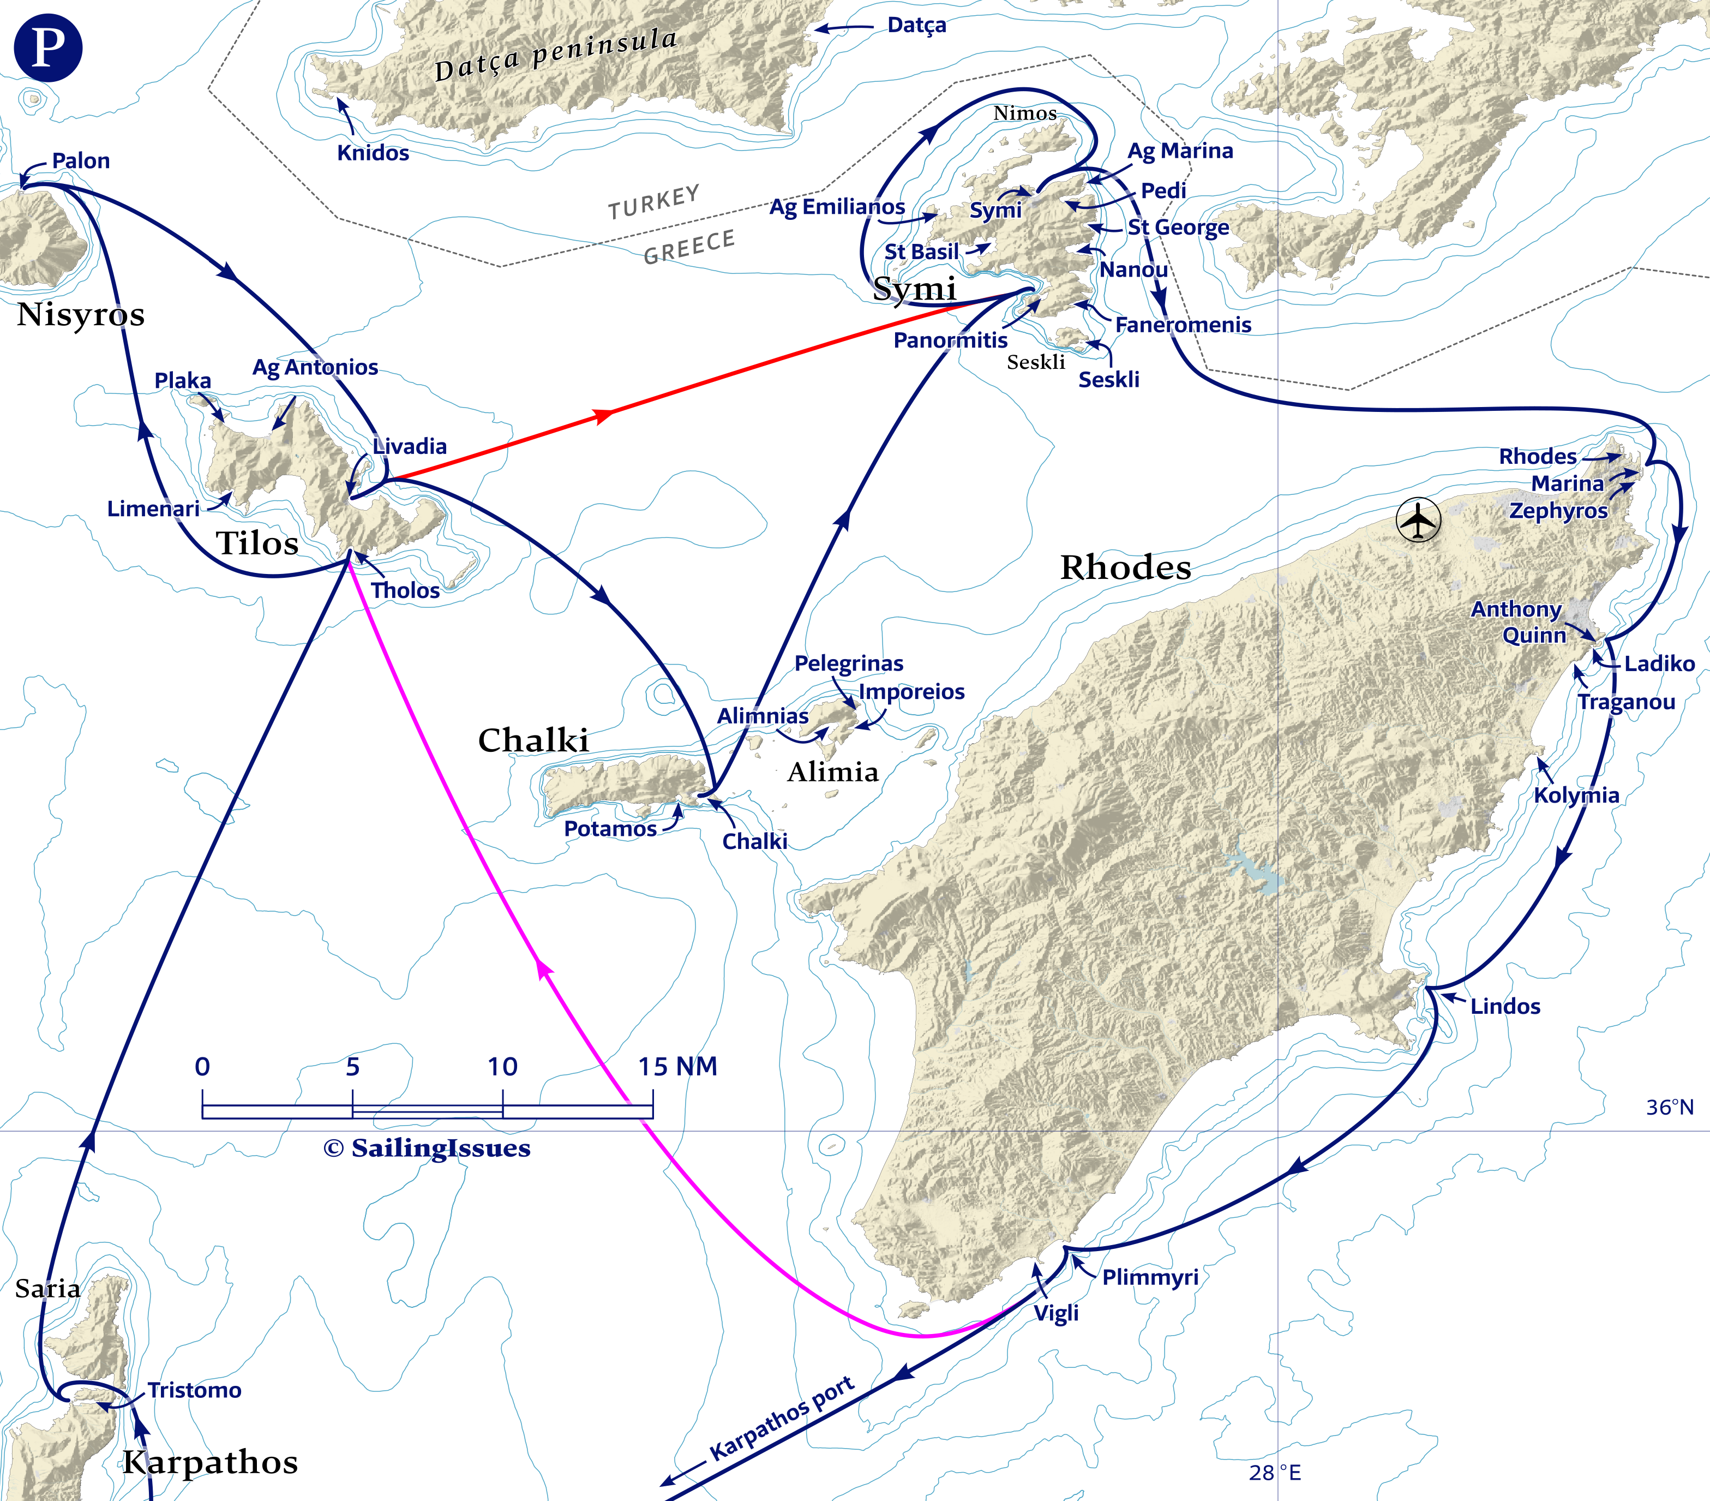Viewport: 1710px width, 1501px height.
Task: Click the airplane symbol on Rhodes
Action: pos(1418,521)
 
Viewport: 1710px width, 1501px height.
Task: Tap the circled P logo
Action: pos(47,47)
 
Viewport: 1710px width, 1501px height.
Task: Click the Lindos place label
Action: pos(1505,1007)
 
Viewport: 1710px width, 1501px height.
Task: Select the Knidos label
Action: pos(373,153)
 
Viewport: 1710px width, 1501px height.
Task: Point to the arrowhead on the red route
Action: pos(602,415)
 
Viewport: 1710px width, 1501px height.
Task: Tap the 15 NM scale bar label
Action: pos(677,1067)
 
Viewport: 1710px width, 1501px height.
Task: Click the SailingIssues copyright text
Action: pos(427,1148)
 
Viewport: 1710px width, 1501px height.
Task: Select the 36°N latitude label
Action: pos(1670,1108)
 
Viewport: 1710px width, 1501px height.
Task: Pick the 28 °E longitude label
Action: pos(1275,1473)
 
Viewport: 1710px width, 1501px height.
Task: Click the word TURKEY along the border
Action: pos(653,202)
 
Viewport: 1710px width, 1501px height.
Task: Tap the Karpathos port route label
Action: pos(782,1418)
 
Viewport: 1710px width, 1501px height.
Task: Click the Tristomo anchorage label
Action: pos(194,1390)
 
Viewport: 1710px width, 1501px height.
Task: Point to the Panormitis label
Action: pos(950,340)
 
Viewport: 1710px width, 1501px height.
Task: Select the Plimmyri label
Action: pos(1150,1277)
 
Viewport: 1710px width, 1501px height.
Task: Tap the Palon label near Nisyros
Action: pos(80,160)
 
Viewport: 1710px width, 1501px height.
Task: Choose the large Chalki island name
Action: pos(533,740)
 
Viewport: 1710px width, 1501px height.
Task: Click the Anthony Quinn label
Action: pos(1517,621)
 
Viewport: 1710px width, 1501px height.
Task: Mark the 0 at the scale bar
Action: pos(202,1067)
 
